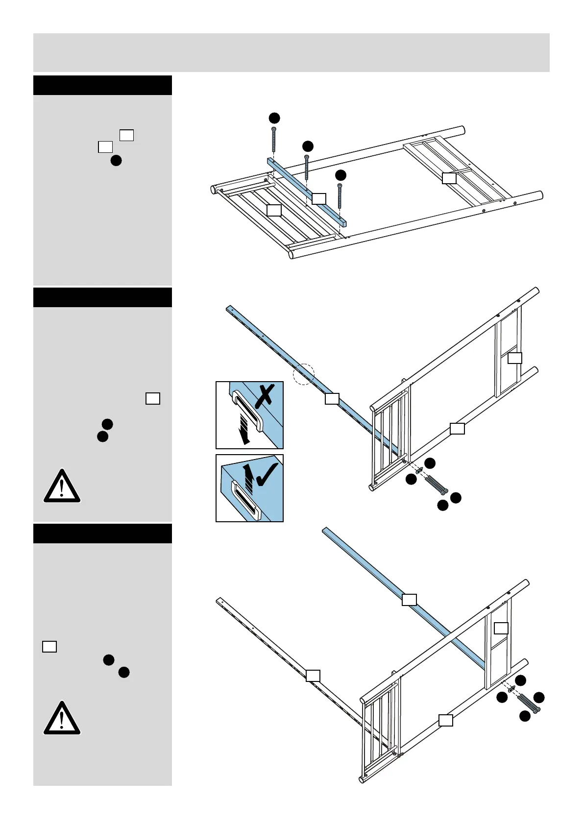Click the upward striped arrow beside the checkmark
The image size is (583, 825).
point(249,479)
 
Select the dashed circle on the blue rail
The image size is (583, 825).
point(303,374)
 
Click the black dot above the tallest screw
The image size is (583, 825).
point(274,118)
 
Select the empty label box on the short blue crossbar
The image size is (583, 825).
point(319,198)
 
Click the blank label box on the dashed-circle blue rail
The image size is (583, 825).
point(332,399)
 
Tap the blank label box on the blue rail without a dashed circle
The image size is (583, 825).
point(409,599)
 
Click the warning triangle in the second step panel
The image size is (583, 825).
point(62,486)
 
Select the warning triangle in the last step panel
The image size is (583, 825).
point(62,718)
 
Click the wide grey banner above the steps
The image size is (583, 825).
point(291,52)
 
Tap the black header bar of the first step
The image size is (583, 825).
point(102,85)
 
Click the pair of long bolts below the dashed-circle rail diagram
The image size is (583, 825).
point(436,485)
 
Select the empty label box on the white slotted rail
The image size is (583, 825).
point(313,676)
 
